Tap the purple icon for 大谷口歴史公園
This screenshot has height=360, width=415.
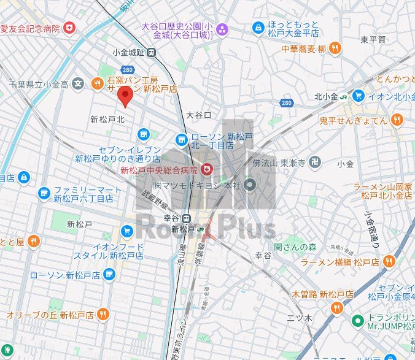click(221, 29)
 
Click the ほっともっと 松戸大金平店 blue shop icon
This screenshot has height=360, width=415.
click(258, 28)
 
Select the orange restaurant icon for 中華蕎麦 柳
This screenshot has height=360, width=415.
click(335, 48)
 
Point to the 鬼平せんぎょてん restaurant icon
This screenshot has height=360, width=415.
click(397, 120)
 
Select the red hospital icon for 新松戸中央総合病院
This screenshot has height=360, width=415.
click(207, 169)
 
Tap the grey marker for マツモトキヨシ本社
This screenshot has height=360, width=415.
click(249, 184)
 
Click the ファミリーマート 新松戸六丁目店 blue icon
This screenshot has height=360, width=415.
click(44, 194)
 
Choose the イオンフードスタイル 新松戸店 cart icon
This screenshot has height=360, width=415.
click(126, 231)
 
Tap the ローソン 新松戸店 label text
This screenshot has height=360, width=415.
click(64, 275)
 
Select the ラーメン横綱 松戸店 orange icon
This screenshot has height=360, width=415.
click(388, 262)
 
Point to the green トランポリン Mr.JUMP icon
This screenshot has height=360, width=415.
click(358, 321)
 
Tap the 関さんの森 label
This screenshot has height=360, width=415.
click(295, 247)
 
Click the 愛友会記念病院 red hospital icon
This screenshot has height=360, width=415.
click(69, 28)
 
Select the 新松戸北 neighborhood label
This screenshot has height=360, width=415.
click(107, 119)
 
